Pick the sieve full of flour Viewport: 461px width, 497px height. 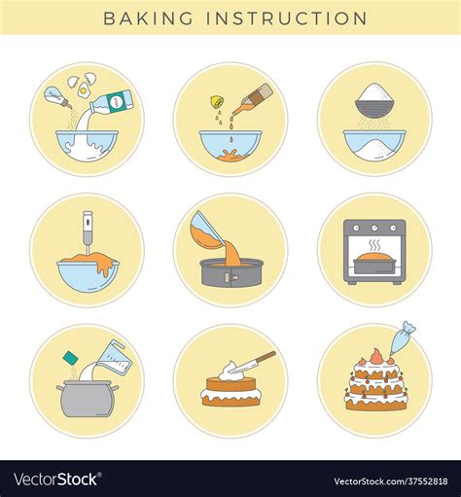(374, 99)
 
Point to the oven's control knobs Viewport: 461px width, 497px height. (374, 230)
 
